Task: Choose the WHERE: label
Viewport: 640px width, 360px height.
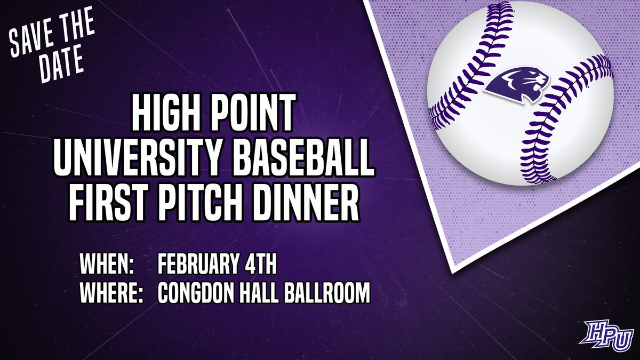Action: coord(113,294)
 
